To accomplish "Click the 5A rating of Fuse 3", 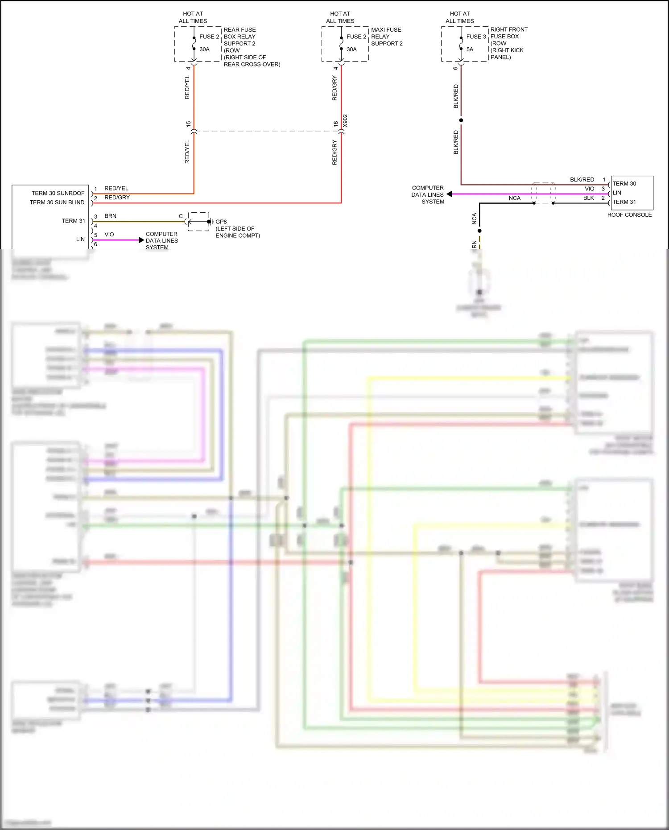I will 470,50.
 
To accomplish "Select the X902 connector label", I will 345,121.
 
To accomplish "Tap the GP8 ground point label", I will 221,222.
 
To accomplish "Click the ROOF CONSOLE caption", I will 629,215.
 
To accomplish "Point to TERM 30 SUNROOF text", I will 58,193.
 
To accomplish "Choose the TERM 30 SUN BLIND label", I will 57,202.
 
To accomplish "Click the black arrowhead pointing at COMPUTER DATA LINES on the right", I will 450,194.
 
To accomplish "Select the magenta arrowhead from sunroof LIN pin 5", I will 141,240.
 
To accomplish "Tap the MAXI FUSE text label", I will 386,30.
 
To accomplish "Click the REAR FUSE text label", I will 240,30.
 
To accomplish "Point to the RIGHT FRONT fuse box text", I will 509,29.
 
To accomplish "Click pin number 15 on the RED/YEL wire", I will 188,124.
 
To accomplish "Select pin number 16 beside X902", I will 336,124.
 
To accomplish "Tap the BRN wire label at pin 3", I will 110,216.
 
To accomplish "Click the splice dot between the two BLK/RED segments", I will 461,120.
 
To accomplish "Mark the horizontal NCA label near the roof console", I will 514,198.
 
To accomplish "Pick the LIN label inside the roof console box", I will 617,193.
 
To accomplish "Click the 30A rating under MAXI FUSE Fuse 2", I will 351,50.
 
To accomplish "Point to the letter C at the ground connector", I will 181,216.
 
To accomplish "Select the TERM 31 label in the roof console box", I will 624,202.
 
